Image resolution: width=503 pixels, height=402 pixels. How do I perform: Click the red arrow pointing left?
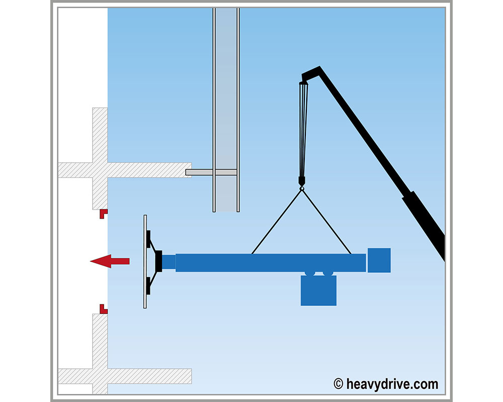pyautogui.click(x=110, y=261)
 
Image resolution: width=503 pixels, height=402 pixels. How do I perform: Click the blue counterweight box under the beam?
pyautogui.click(x=318, y=290)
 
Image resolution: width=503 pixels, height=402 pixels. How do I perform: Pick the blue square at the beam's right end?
pyautogui.click(x=379, y=260)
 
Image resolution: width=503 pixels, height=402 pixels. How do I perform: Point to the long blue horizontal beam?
pyautogui.click(x=271, y=263)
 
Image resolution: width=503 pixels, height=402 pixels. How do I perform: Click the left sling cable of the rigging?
pyautogui.click(x=276, y=222)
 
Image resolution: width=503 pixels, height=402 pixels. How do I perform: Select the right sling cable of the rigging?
pyautogui.click(x=326, y=222)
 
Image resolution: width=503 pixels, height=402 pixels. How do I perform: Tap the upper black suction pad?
pyautogui.click(x=148, y=239)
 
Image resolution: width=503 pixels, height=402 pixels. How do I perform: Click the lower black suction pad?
pyautogui.click(x=148, y=285)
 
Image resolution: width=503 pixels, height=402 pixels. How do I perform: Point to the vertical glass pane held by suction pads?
pyautogui.click(x=145, y=262)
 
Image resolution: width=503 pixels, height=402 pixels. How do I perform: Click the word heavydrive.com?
pyautogui.click(x=392, y=384)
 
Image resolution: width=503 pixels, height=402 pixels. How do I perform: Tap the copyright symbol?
pyautogui.click(x=338, y=384)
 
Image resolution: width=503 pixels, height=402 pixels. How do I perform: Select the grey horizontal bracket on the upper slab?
pyautogui.click(x=211, y=172)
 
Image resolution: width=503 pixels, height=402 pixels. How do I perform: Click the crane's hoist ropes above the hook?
pyautogui.click(x=303, y=130)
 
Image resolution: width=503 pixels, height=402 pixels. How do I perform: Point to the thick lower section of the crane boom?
pyautogui.click(x=424, y=225)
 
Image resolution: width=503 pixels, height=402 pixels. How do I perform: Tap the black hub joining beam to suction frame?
pyautogui.click(x=158, y=261)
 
